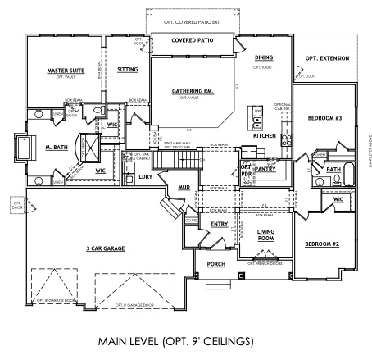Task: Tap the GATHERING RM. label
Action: point(193,92)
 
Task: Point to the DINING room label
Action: point(263,57)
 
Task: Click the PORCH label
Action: point(216,264)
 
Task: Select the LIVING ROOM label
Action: point(265,235)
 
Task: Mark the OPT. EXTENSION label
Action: point(327,58)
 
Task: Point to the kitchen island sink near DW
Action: point(257,120)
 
